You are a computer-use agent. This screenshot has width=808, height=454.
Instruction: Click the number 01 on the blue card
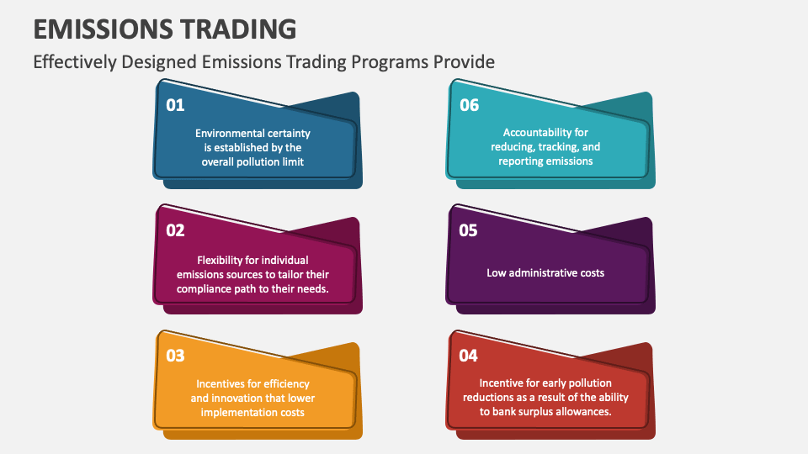[x=175, y=105]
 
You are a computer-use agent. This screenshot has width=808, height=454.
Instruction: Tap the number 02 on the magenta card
[x=175, y=230]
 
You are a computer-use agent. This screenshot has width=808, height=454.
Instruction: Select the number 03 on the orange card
[x=175, y=356]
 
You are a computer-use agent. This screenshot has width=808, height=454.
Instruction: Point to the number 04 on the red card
[x=468, y=356]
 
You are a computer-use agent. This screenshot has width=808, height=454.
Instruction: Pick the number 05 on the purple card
[x=468, y=230]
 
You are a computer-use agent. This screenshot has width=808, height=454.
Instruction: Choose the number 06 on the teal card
[x=469, y=105]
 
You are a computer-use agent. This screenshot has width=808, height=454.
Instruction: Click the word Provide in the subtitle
[x=466, y=62]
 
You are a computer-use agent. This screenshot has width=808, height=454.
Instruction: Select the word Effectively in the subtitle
[x=72, y=62]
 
